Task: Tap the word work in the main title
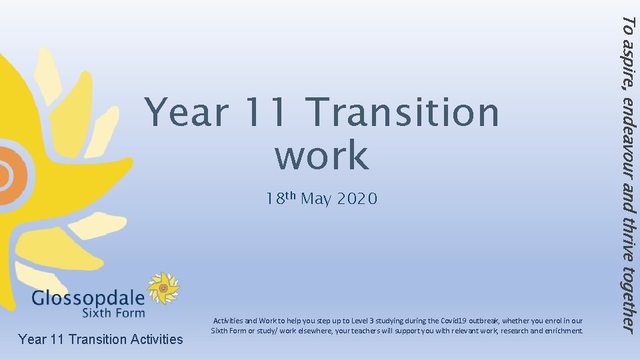[x=321, y=155]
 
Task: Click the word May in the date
[x=316, y=199]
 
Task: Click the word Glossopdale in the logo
[x=87, y=297]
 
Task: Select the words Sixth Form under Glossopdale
[x=113, y=312]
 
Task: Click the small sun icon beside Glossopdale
[x=163, y=288]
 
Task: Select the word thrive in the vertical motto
[x=627, y=239]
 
